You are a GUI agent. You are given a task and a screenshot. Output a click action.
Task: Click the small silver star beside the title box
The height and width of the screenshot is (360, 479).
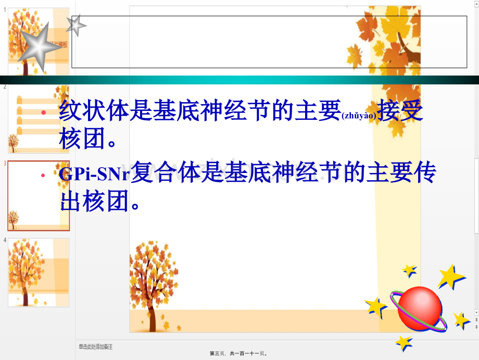pyautogui.click(x=77, y=24)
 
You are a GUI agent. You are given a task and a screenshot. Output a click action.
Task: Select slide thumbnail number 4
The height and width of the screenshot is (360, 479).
pyautogui.click(x=38, y=272)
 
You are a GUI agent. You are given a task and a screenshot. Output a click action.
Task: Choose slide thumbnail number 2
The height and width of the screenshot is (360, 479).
pyautogui.click(x=38, y=119)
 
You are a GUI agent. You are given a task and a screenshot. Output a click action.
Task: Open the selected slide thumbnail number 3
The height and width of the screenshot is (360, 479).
pyautogui.click(x=38, y=195)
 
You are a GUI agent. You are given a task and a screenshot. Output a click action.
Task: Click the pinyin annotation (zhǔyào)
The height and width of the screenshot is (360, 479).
pyautogui.click(x=359, y=116)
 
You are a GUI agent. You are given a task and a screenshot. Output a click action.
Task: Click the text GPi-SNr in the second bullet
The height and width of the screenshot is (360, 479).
pyautogui.click(x=94, y=175)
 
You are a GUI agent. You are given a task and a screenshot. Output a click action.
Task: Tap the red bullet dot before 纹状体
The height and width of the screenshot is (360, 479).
pyautogui.click(x=44, y=113)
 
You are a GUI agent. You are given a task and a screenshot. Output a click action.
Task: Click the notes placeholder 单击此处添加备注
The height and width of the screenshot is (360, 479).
pyautogui.click(x=96, y=346)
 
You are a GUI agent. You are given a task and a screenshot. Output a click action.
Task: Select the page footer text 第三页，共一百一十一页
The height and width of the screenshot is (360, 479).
pyautogui.click(x=238, y=353)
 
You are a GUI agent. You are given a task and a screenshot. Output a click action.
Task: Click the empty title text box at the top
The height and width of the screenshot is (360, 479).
pyautogui.click(x=269, y=42)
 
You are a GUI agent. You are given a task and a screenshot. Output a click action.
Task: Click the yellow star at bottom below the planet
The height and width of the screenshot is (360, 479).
pyautogui.click(x=404, y=342)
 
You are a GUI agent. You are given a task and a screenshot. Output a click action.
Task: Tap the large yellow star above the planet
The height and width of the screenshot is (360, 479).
pyautogui.click(x=450, y=277)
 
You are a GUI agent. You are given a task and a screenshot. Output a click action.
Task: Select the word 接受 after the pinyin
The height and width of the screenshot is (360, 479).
pyautogui.click(x=401, y=111)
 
